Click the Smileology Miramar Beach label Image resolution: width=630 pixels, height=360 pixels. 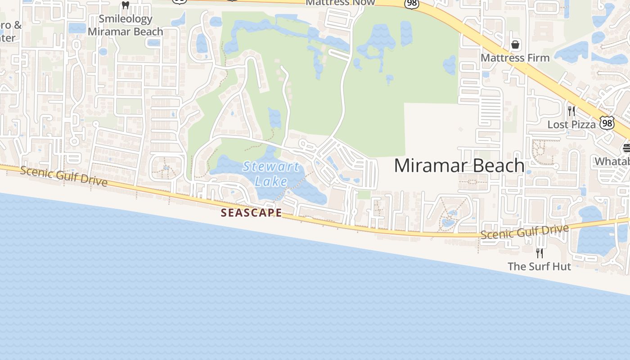click(x=125, y=25)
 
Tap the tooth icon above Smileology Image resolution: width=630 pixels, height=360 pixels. click(x=126, y=5)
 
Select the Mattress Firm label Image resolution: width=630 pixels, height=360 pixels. click(x=515, y=58)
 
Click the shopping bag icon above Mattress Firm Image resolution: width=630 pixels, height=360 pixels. click(x=515, y=45)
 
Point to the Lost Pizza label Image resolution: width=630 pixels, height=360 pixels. click(x=571, y=125)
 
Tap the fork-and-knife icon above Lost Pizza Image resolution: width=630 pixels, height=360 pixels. click(x=571, y=111)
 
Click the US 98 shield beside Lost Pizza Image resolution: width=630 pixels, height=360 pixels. click(x=607, y=122)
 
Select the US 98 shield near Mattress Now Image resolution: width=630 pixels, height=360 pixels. click(x=412, y=4)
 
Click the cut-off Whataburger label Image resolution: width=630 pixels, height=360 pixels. click(x=612, y=162)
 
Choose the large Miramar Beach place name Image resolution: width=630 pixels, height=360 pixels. click(x=459, y=166)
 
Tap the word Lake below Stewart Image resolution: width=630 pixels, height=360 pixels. click(x=271, y=181)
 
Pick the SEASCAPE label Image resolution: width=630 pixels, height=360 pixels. click(x=252, y=213)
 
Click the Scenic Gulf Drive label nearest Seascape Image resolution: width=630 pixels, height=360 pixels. click(x=64, y=176)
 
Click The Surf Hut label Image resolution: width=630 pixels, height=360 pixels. click(x=539, y=266)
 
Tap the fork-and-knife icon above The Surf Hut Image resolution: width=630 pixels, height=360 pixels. click(x=539, y=253)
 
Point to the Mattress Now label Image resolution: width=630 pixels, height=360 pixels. click(x=340, y=3)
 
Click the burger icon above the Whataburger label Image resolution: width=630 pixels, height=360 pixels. click(x=626, y=148)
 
